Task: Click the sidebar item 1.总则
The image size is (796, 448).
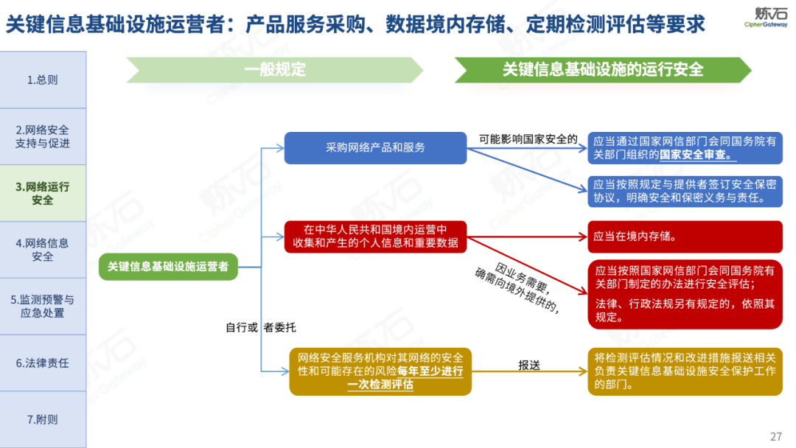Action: click(43, 80)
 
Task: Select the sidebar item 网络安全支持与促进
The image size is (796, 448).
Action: click(43, 136)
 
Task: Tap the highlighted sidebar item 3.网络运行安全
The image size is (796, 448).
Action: click(43, 193)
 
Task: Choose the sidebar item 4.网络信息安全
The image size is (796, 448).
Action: click(43, 250)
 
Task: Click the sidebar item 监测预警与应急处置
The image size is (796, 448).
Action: click(43, 307)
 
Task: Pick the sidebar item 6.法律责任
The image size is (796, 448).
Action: click(43, 363)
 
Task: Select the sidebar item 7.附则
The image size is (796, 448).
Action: click(43, 419)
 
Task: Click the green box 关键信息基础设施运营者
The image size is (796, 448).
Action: click(168, 266)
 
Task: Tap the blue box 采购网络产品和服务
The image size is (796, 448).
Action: click(376, 147)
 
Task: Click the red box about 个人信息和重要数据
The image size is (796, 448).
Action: click(376, 236)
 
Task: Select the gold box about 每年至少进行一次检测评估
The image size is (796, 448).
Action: click(380, 371)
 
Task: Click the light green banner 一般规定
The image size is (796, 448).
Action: click(275, 70)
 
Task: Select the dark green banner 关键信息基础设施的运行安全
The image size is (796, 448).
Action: click(603, 70)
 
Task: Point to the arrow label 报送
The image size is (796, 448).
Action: click(529, 365)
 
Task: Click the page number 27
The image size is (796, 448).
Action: click(775, 435)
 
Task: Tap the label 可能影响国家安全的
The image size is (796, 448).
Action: click(528, 139)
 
